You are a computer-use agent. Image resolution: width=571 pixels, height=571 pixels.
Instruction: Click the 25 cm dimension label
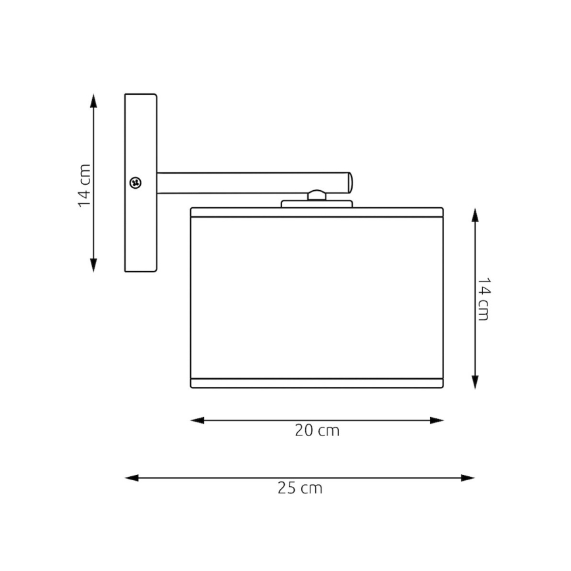click(300, 488)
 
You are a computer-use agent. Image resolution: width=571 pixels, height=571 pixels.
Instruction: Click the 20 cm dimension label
click(317, 431)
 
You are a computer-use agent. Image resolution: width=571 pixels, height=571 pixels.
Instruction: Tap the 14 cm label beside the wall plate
click(85, 186)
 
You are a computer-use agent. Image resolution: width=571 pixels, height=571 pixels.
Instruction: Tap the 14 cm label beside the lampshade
click(484, 299)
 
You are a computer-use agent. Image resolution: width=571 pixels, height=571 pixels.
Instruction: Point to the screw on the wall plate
click(136, 182)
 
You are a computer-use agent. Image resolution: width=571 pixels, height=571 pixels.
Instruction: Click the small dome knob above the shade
click(316, 195)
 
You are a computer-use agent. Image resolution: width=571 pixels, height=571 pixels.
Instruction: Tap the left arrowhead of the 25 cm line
click(131, 478)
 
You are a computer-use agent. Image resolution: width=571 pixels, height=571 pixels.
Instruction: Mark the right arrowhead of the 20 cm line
click(437, 420)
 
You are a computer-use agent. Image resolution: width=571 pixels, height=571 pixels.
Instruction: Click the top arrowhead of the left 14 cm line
click(93, 101)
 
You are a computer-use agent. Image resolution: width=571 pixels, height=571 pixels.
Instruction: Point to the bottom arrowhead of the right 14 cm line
click(475, 382)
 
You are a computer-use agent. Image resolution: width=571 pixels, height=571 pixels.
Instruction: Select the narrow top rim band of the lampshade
click(316, 212)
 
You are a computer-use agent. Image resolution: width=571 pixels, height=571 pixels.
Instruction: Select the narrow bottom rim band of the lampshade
click(316, 384)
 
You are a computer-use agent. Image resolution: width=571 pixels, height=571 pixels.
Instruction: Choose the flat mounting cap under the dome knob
click(316, 204)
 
